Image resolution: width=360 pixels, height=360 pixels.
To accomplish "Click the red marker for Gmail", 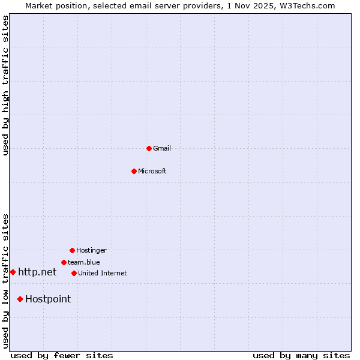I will pos(149,148).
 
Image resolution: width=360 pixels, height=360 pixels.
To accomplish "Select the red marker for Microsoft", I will pos(134,171).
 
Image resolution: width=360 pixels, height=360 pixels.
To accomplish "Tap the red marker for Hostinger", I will pos(72,250).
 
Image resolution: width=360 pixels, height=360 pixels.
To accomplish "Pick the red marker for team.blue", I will pos(64,262).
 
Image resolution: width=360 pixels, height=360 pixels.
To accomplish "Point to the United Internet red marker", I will pos(74,273).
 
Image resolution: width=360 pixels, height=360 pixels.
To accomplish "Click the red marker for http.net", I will pos(13,272).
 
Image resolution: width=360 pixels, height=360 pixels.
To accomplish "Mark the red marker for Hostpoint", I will pos(20,299).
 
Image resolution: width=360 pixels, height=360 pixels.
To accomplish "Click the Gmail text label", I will pos(162,148).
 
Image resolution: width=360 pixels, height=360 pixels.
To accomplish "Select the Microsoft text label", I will pos(152,171).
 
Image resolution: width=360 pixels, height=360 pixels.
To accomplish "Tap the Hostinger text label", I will pos(91,250).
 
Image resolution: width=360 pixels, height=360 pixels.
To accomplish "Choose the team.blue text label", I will pos(84,262).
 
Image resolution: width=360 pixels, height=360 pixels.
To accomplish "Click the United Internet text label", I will pos(103,273).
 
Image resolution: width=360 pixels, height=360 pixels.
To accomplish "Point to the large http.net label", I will pos(37,272).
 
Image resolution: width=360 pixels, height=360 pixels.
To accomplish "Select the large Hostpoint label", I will pos(48,299).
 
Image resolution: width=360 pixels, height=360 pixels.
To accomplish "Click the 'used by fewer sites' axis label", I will pos(62,355).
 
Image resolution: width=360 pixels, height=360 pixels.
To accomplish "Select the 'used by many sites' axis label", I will pos(301,355).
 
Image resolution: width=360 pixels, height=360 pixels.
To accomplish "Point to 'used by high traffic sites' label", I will pos(6,85).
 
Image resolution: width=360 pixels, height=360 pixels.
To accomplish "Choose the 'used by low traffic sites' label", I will pos(6,280).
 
